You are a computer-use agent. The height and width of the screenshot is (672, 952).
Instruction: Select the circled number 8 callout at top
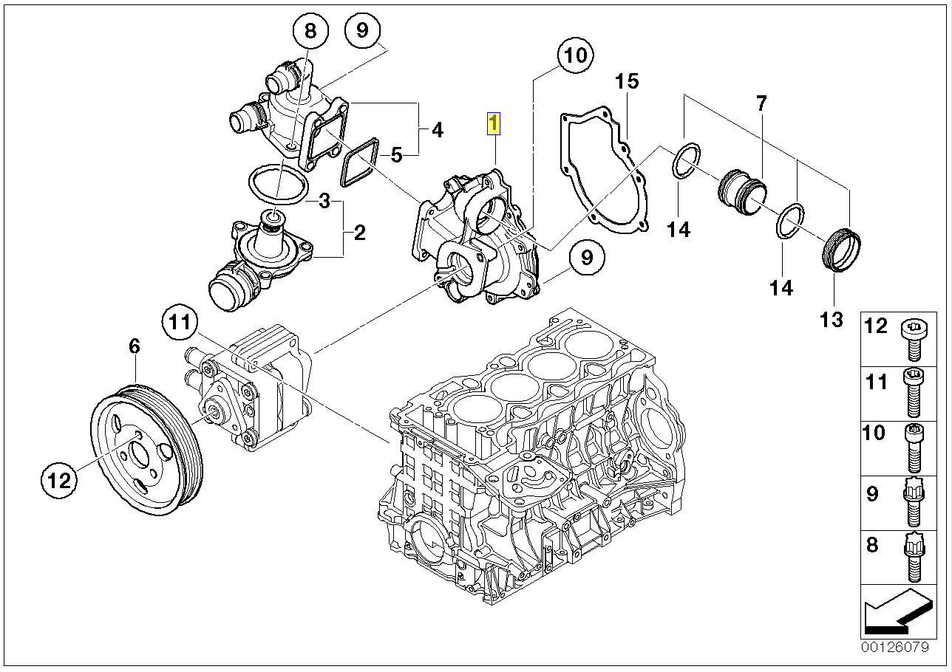pyautogui.click(x=310, y=31)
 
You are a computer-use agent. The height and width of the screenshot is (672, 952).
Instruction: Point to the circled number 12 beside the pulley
pyautogui.click(x=58, y=481)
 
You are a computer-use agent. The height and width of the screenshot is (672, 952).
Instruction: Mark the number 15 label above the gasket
pyautogui.click(x=627, y=81)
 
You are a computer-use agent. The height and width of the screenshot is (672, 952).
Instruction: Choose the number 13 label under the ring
pyautogui.click(x=831, y=319)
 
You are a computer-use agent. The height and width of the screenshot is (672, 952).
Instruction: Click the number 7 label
pyautogui.click(x=761, y=103)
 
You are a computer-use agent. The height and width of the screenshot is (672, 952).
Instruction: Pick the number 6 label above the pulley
pyautogui.click(x=134, y=346)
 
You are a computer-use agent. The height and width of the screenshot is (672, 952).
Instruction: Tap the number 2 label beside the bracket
pyautogui.click(x=359, y=233)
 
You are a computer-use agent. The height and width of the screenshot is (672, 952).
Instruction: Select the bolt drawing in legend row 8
pyautogui.click(x=911, y=555)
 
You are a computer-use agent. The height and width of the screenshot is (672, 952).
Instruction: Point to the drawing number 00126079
pyautogui.click(x=895, y=647)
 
